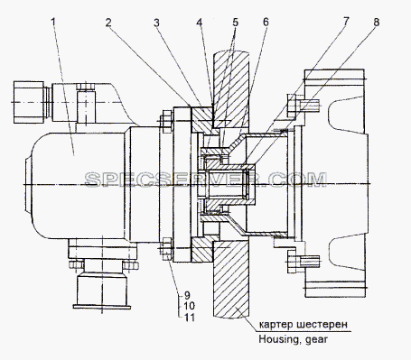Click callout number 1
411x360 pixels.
pos(53,23)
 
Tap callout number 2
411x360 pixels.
pos(108,23)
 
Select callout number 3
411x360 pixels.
pos(156,23)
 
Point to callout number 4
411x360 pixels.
pos(200,23)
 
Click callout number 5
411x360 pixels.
pos(235,23)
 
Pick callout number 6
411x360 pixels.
pos(266,23)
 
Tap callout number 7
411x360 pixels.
pos(346,22)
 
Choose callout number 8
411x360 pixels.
pos(376,23)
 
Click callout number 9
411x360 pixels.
pos(187,295)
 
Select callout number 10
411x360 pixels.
pos(189,306)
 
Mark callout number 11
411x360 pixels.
pos(189,318)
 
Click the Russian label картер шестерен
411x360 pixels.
pos(304,325)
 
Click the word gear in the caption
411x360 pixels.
pos(316,340)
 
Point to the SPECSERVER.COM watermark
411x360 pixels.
pos(206,180)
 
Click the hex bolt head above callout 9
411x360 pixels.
pos(166,249)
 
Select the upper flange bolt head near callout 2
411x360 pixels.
pos(166,122)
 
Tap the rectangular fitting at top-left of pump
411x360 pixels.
pos(29,102)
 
